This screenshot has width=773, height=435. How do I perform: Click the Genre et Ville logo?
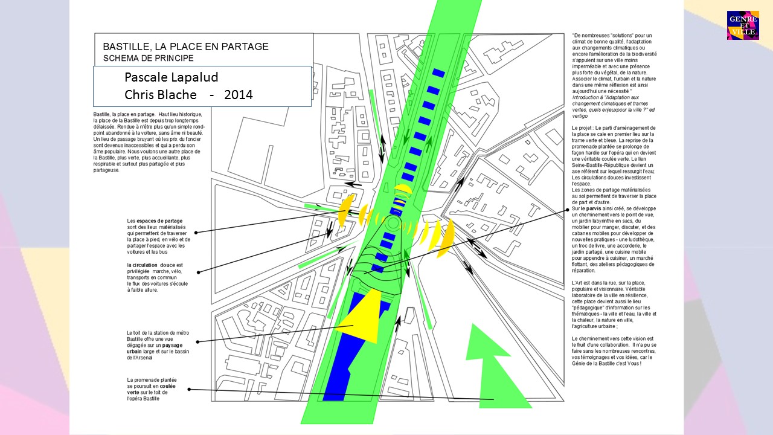[742, 25]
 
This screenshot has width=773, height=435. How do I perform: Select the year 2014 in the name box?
[238, 95]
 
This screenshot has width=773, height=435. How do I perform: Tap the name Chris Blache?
[161, 95]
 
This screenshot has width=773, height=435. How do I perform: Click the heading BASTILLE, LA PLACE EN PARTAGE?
[185, 47]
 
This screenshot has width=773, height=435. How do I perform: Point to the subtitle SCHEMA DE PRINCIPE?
[148, 59]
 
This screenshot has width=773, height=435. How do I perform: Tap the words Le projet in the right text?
[584, 127]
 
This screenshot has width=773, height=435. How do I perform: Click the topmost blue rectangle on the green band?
[438, 73]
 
